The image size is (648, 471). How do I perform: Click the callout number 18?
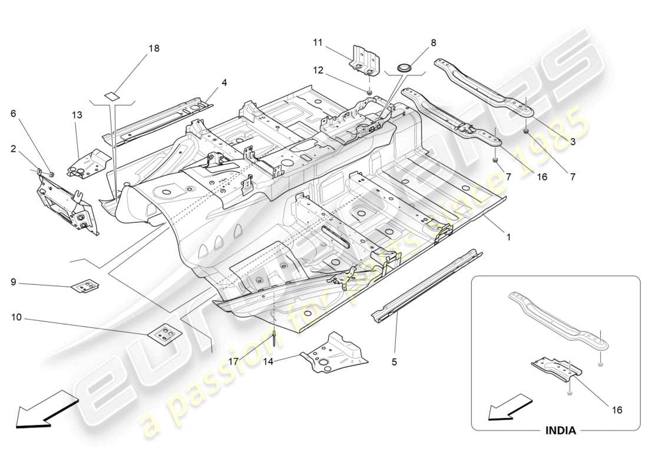154,48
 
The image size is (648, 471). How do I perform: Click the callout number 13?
78,115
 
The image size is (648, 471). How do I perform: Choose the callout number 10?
16,317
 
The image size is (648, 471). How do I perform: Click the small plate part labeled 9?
85,287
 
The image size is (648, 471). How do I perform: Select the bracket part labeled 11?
365,58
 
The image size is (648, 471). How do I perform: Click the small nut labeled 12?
369,92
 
